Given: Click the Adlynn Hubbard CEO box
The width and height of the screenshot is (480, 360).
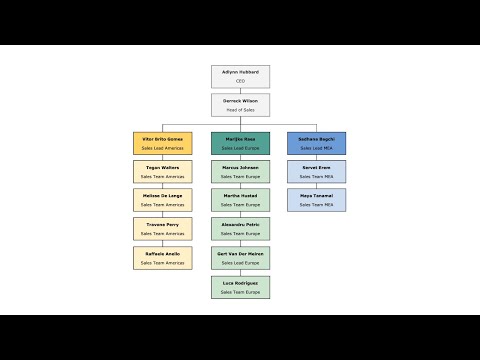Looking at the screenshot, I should pos(240,76).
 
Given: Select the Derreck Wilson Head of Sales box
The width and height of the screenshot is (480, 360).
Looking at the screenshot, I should pos(240,105).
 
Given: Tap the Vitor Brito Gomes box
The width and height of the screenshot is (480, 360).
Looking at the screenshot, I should pos(162,142).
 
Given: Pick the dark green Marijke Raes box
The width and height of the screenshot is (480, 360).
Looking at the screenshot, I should pos(240,142).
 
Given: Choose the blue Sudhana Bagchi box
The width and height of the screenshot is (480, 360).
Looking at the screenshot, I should pos(317,142).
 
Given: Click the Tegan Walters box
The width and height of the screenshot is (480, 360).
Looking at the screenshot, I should pos(162,171).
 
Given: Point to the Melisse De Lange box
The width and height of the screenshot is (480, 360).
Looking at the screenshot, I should pos(162,200).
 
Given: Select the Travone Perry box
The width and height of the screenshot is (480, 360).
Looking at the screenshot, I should pos(162,229).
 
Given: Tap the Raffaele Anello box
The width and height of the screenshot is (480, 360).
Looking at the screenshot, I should pos(162,258).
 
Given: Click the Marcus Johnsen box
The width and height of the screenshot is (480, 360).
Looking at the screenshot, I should pos(240,171).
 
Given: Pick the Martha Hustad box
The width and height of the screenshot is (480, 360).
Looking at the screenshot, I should pos(240,200).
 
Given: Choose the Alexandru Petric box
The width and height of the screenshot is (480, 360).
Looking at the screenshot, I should pos(240,229).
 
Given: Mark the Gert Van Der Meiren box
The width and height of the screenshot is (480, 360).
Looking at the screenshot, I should pos(240,258).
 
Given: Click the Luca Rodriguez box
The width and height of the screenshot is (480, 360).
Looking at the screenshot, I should pos(240,287).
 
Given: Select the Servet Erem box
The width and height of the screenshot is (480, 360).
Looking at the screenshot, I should pos(317,171).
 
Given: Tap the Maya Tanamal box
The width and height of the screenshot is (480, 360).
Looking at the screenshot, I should pos(317,200).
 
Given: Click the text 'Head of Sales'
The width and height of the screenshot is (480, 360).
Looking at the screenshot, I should pos(240,110).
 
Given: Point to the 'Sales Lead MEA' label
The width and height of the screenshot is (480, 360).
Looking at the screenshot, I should pos(317,148).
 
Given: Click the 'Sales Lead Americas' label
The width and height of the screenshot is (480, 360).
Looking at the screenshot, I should pos(162,148).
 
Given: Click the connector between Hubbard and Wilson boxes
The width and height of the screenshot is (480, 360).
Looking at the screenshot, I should pos(240,91).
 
